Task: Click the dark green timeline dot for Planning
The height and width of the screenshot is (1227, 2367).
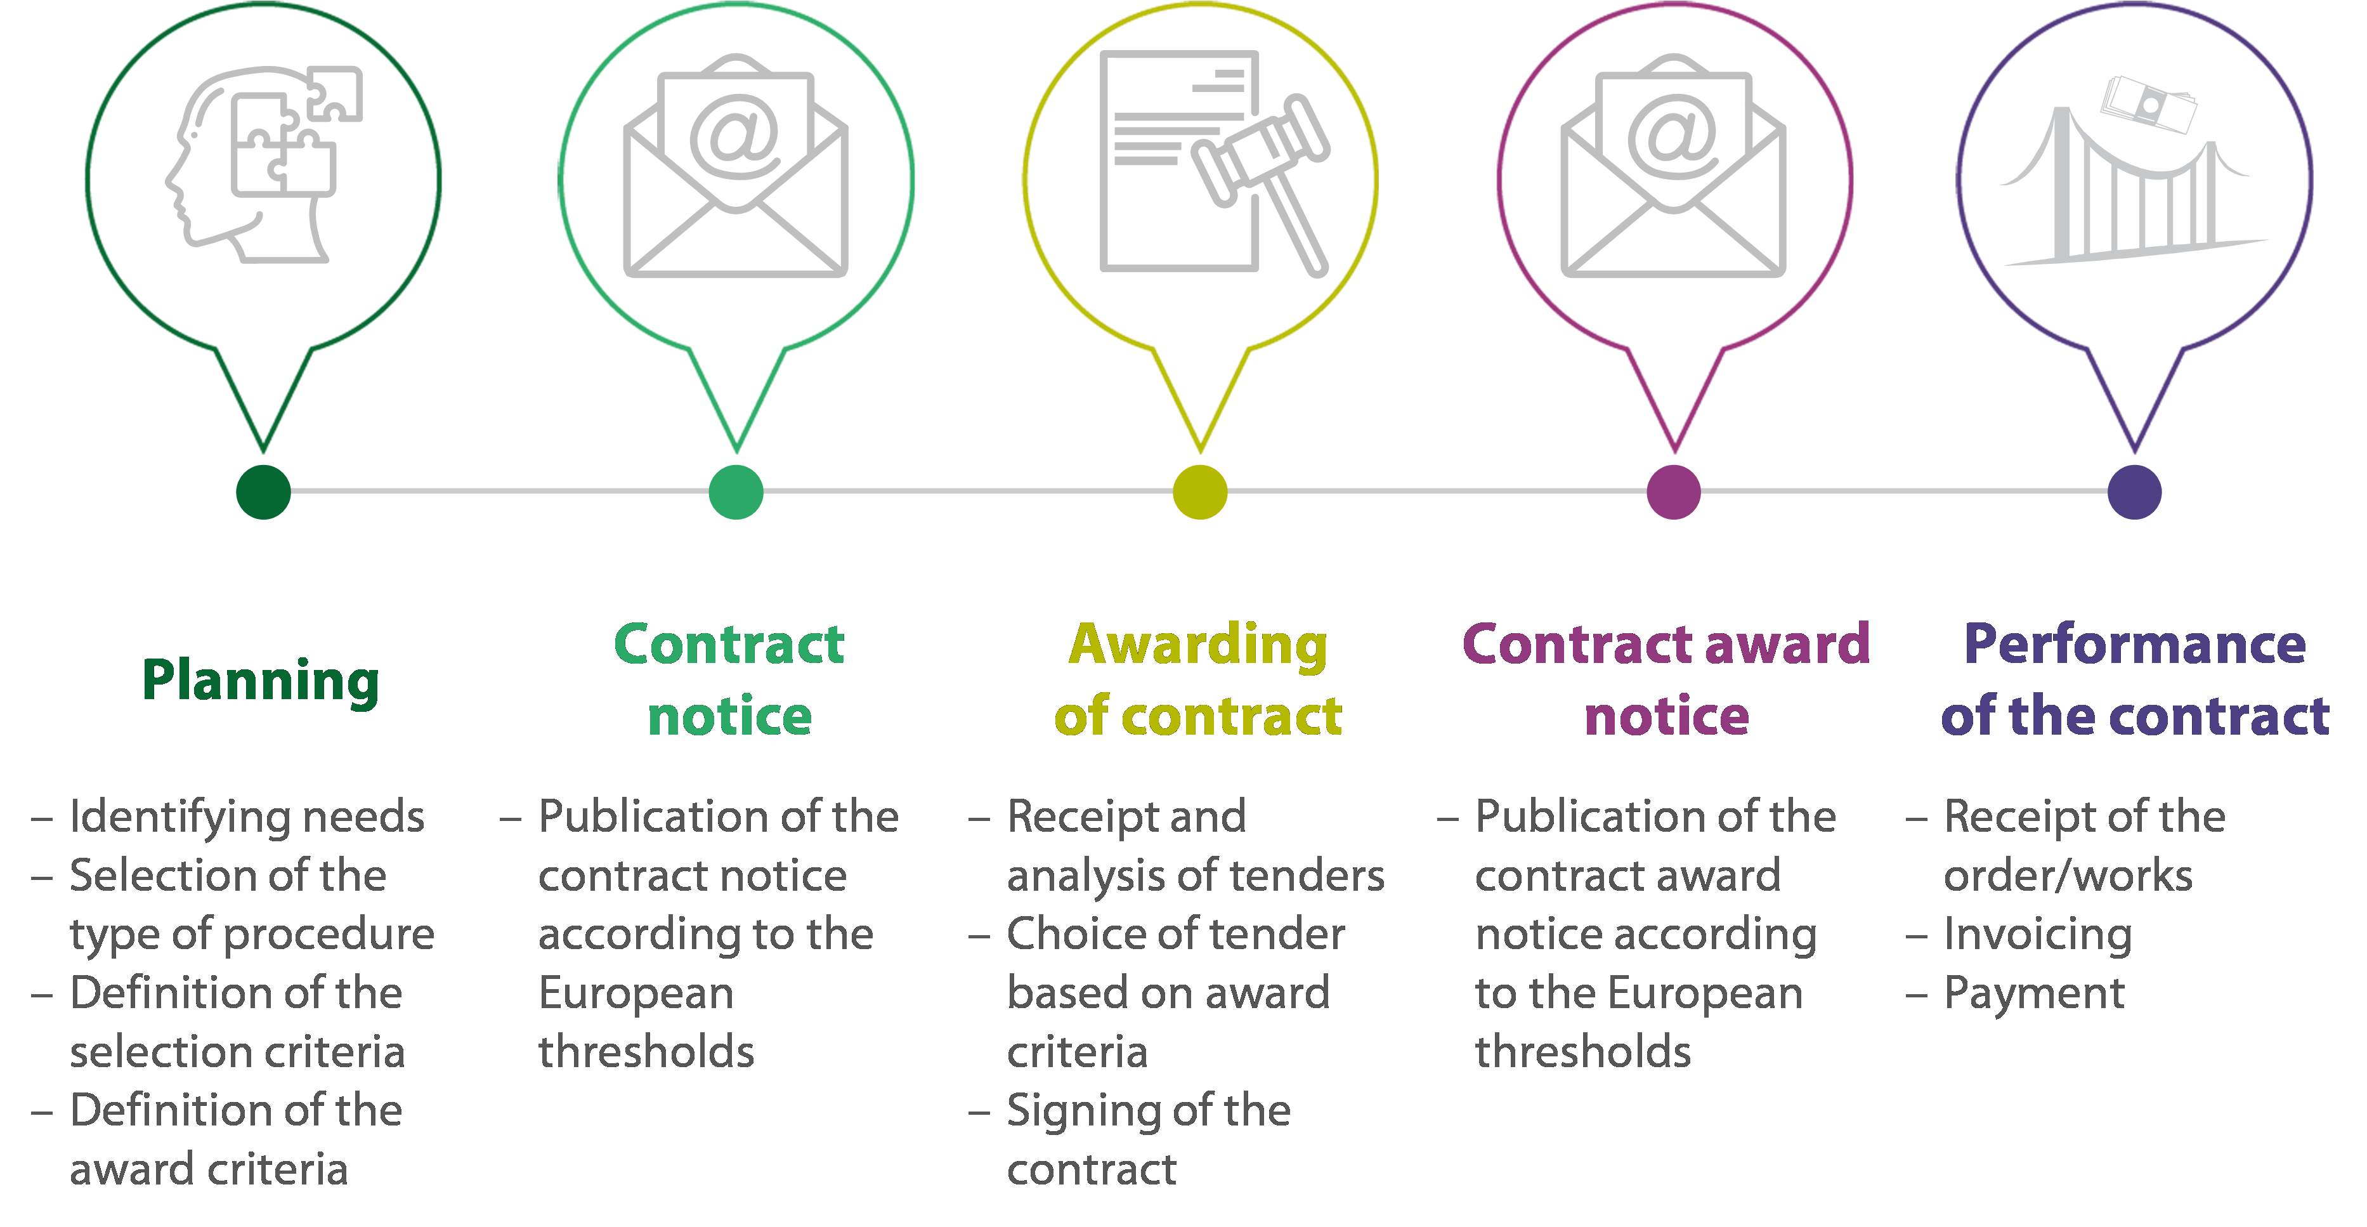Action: (264, 492)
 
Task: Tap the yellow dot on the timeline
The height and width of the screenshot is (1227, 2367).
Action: (1200, 492)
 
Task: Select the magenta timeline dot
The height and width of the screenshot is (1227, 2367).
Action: (1673, 492)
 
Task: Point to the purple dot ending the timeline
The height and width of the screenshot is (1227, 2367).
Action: (2134, 492)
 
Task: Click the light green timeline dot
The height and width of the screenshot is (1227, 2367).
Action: (736, 492)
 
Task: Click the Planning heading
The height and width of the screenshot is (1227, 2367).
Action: (261, 681)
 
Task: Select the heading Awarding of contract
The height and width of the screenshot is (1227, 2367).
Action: (1198, 680)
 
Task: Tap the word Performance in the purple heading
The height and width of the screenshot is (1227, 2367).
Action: (2134, 645)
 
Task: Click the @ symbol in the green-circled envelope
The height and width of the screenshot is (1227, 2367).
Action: (735, 136)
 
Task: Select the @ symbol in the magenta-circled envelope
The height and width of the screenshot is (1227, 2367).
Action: (1673, 136)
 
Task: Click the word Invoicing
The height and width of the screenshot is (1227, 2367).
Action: (2037, 935)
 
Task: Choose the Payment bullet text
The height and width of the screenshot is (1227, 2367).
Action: (2033, 994)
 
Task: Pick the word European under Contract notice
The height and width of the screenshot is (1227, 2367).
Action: (636, 994)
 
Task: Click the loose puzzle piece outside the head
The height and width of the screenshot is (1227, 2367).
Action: (334, 93)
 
